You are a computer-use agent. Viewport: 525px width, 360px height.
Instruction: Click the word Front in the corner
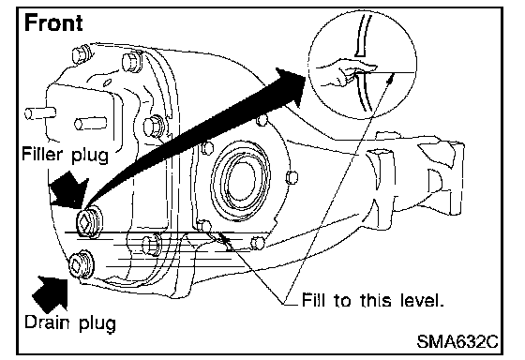tap(53, 22)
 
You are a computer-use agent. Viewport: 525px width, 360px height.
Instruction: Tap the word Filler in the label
tap(42, 154)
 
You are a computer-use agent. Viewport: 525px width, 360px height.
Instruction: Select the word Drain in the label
tap(48, 322)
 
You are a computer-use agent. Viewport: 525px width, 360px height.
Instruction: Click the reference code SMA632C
tap(457, 341)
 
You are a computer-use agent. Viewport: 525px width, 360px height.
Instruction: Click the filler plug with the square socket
tap(88, 221)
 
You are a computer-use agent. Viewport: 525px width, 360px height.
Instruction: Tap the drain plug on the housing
tap(81, 263)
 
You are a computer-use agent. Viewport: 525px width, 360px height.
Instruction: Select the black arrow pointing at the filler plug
tap(68, 188)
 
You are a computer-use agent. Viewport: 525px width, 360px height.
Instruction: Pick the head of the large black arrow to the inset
tap(291, 86)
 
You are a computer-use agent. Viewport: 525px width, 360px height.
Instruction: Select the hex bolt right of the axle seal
tap(292, 177)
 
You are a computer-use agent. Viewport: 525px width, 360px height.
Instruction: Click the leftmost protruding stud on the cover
tap(39, 113)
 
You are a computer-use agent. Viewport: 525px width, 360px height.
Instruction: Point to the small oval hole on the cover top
tap(108, 82)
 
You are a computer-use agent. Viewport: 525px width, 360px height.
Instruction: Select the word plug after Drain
tap(97, 323)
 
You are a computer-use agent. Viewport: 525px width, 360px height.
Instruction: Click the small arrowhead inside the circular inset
tap(390, 79)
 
